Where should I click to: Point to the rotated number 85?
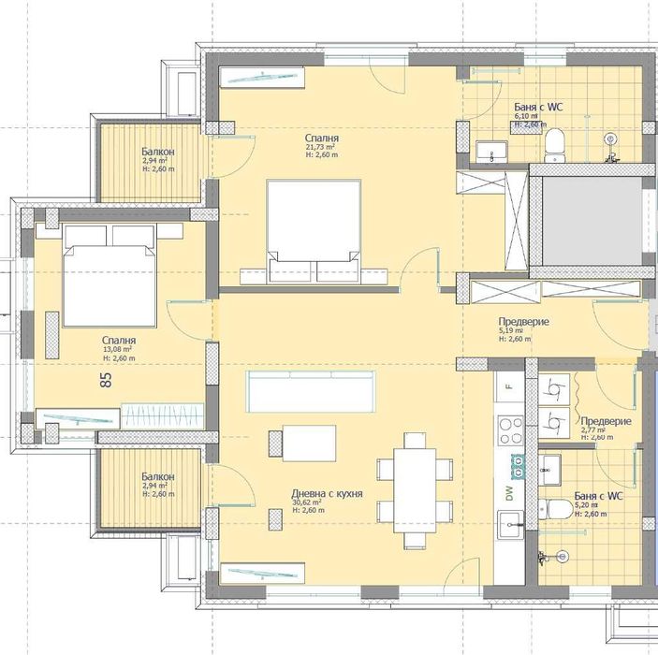[105, 380]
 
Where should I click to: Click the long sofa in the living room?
[310, 390]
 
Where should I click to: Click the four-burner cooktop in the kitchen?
[511, 431]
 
